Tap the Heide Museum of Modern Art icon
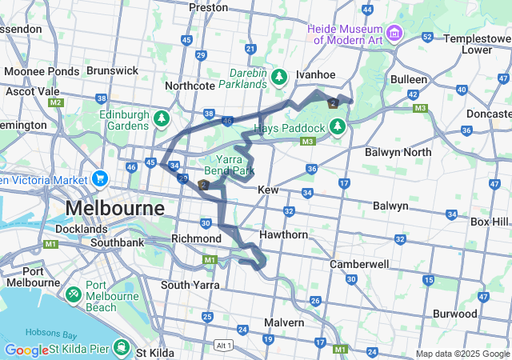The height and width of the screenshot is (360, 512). click(394, 34)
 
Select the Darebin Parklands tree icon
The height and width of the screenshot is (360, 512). click(278, 78)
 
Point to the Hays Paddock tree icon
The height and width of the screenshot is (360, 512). click(338, 127)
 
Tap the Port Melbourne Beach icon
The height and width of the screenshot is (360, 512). click(73, 295)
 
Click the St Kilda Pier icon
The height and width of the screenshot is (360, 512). click(121, 348)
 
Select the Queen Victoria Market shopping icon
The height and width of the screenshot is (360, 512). click(99, 178)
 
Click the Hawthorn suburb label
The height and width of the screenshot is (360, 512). click(283, 235)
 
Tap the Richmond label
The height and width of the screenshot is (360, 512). click(196, 238)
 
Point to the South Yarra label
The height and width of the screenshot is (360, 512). click(190, 285)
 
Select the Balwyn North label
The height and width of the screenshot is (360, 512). click(397, 152)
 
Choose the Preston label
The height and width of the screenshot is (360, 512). click(208, 7)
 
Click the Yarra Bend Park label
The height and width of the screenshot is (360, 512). click(230, 165)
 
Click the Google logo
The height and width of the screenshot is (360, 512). click(26, 350)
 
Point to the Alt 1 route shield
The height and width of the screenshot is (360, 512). click(225, 345)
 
